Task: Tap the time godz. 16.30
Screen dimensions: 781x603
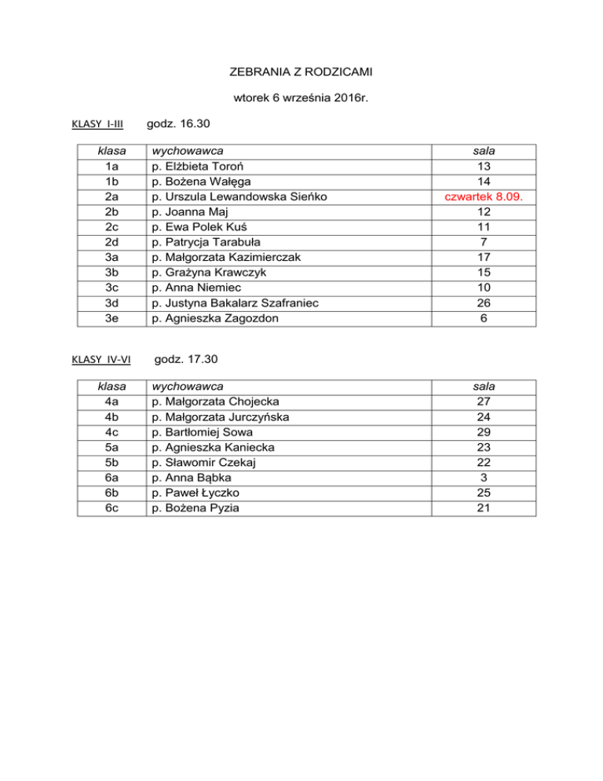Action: click(x=180, y=124)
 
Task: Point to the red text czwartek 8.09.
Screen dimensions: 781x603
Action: click(x=484, y=197)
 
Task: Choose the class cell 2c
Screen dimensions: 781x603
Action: click(x=111, y=227)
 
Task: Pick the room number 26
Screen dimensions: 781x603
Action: click(x=484, y=302)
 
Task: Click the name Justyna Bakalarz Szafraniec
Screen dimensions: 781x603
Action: click(x=236, y=302)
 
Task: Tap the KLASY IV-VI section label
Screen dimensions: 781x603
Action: click(x=99, y=360)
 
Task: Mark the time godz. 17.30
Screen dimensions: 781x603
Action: click(x=187, y=359)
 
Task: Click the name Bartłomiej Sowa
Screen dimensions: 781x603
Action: click(x=203, y=432)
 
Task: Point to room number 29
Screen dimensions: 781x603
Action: click(x=484, y=432)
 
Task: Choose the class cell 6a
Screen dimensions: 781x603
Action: click(x=111, y=477)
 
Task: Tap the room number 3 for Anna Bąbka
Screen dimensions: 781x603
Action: click(x=484, y=477)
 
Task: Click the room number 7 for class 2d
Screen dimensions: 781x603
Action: click(x=484, y=242)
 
